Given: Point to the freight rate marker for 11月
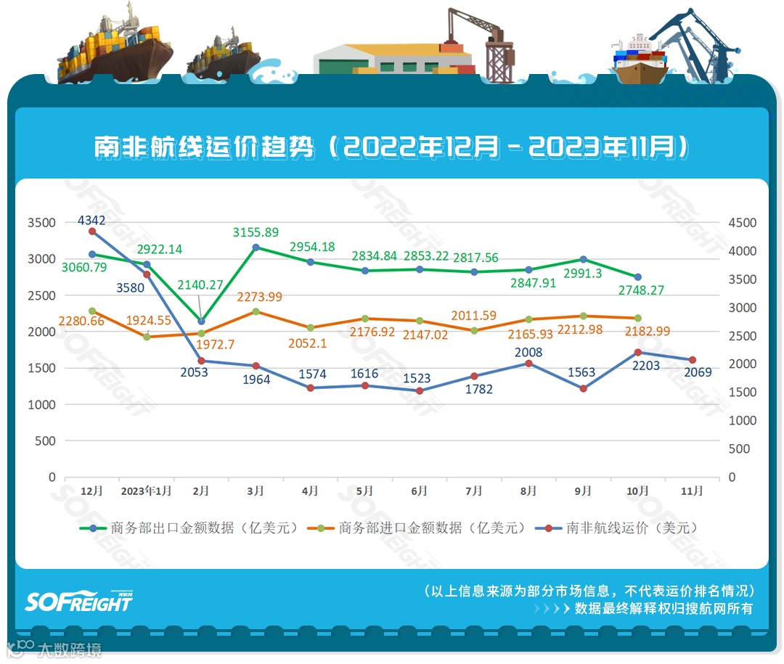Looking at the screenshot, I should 693,360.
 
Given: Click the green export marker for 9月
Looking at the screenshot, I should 583,259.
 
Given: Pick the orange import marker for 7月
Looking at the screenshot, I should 474,330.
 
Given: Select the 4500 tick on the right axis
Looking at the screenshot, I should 742,223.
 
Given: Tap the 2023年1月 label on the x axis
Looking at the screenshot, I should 146,491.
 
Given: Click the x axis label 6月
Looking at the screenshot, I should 419,491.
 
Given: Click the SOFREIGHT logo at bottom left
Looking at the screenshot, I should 79,601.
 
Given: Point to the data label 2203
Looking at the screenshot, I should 645,366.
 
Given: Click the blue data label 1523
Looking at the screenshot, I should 418,378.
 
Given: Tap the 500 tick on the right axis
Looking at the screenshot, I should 739,448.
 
